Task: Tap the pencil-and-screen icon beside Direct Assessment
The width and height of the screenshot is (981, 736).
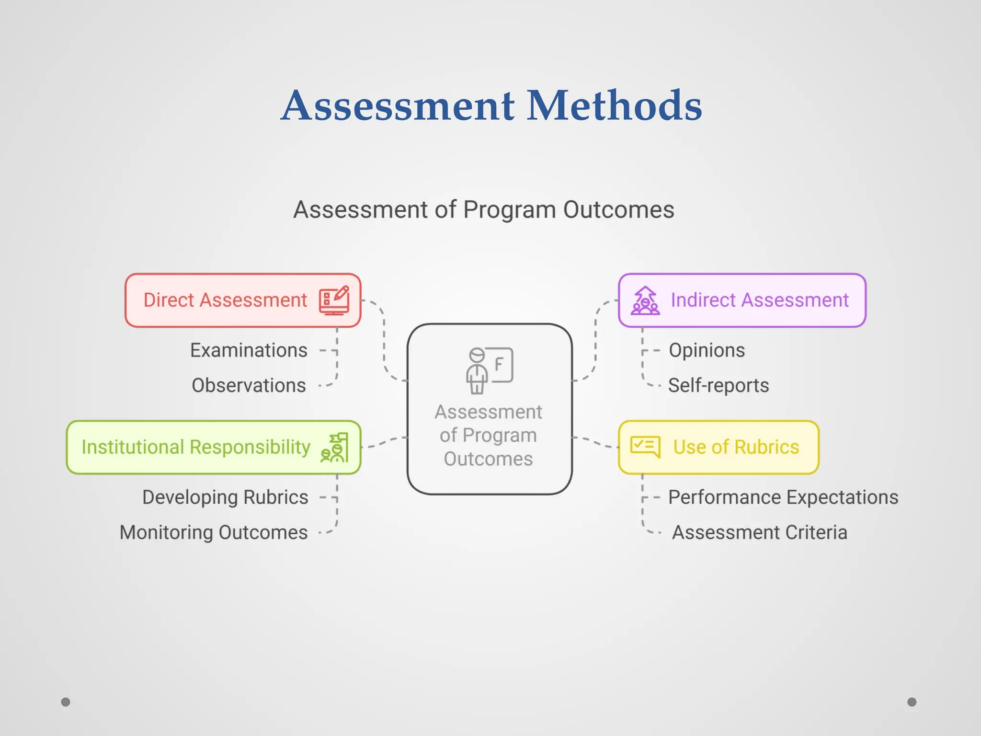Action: tap(334, 300)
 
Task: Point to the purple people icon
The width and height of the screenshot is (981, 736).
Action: tap(645, 300)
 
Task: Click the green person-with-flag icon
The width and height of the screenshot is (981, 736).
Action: tap(335, 448)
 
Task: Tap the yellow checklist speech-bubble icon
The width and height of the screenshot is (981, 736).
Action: tap(645, 447)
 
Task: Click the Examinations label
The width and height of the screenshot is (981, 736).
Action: tap(249, 350)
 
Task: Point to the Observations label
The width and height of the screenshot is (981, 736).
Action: tap(249, 385)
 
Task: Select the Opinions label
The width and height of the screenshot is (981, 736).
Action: tap(707, 350)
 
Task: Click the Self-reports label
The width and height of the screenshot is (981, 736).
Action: tap(718, 385)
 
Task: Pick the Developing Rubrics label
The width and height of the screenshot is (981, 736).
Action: tap(225, 497)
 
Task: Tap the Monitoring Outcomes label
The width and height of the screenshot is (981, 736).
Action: tap(214, 532)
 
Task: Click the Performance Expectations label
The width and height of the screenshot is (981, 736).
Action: tap(783, 497)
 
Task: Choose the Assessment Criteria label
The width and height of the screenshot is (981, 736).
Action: tap(759, 532)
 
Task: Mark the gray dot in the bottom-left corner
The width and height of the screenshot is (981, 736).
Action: tap(66, 702)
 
